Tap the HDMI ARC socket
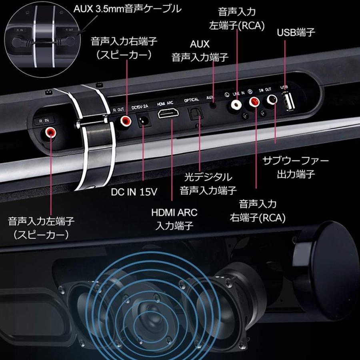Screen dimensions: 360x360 point(169,115)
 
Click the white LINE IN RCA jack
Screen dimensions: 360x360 point(236,105)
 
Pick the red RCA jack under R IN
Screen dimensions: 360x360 point(51,132)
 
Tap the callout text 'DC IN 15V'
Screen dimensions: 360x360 point(134,192)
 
